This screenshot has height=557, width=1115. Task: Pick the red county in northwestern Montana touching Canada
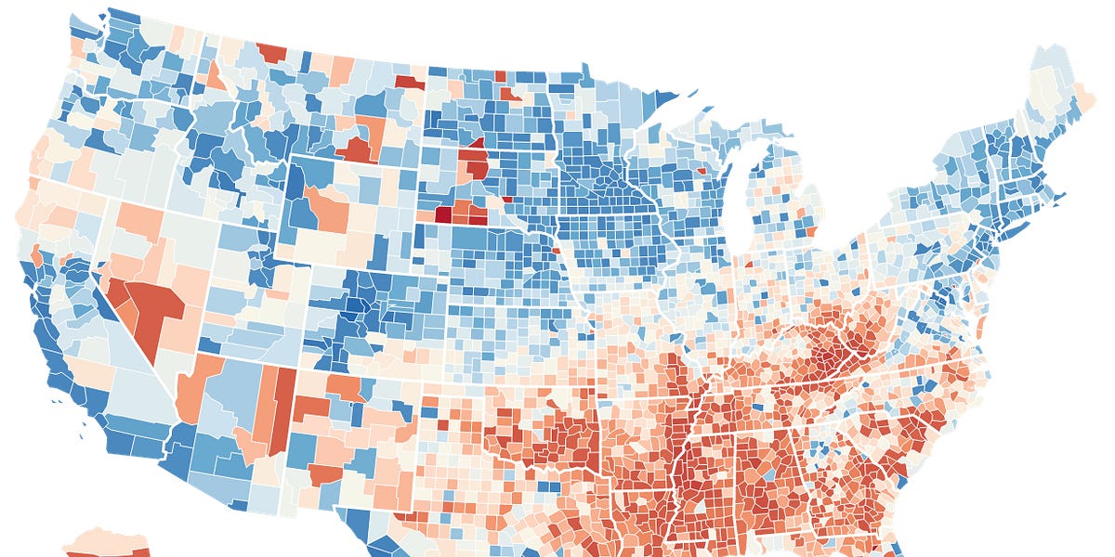coord(272,52)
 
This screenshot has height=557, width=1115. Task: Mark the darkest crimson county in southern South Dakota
coord(443,214)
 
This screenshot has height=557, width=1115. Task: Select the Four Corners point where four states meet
coord(295,368)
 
